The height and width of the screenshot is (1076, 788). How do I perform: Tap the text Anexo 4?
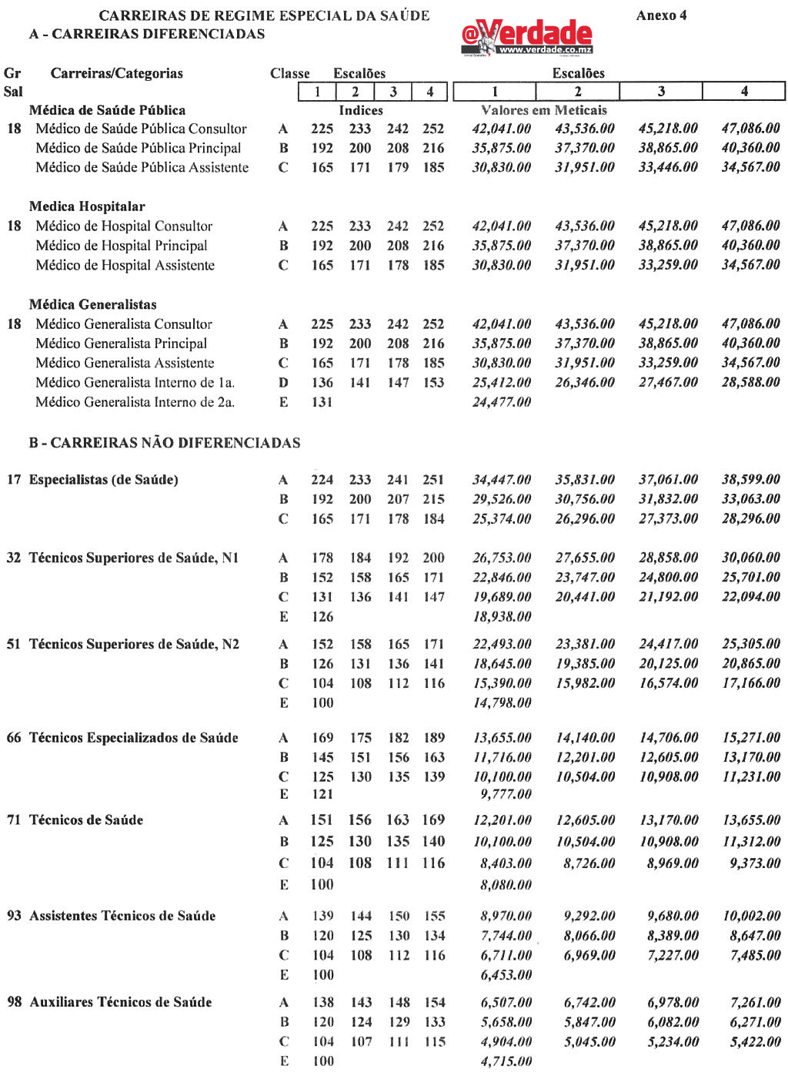click(661, 15)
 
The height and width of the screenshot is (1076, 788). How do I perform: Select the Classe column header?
click(289, 74)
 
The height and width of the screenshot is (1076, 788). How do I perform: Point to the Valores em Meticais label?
click(543, 110)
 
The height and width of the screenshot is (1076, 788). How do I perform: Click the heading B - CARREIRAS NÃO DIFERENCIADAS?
click(165, 443)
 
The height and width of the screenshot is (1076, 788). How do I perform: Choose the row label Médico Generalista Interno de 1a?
click(135, 382)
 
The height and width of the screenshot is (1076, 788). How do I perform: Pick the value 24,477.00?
click(501, 402)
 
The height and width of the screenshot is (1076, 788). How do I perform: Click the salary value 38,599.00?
click(750, 479)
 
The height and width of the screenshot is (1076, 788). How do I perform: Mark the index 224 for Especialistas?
click(322, 480)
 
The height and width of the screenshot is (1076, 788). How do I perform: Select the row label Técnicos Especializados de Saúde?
click(133, 738)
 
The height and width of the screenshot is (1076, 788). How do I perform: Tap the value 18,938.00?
click(502, 616)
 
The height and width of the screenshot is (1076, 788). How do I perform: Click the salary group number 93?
click(14, 916)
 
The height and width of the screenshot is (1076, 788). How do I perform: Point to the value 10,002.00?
click(751, 916)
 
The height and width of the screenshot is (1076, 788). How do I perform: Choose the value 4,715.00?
click(506, 1061)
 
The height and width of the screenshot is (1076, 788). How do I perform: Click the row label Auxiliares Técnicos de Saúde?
click(121, 1002)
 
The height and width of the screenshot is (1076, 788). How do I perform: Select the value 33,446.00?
click(668, 167)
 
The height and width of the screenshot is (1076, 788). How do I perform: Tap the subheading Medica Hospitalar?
click(87, 206)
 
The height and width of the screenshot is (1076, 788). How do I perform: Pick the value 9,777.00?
click(506, 794)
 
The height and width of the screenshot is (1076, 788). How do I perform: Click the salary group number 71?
click(14, 820)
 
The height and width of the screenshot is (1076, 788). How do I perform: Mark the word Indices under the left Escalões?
click(361, 110)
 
